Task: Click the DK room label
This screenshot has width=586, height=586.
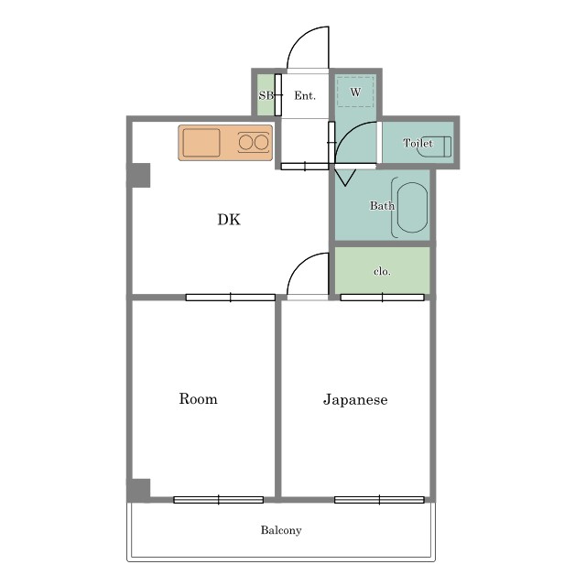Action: click(229, 220)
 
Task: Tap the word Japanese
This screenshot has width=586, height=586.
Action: click(355, 400)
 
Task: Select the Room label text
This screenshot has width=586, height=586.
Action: click(198, 399)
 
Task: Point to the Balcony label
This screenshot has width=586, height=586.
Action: click(281, 530)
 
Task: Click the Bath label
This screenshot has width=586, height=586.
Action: click(382, 205)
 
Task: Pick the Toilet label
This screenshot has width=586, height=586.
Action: click(418, 143)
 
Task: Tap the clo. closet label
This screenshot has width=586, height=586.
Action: click(382, 271)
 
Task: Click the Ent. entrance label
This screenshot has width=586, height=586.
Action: click(305, 95)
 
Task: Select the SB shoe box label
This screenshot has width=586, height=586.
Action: click(266, 95)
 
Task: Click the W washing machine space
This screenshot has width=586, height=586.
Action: click(355, 92)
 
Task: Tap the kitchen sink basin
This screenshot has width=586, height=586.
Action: click(201, 143)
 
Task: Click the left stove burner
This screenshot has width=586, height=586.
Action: click(246, 143)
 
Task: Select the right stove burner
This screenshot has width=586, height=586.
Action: click(261, 143)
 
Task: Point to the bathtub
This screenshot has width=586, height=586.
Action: click(412, 208)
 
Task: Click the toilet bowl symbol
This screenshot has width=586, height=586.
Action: click(433, 146)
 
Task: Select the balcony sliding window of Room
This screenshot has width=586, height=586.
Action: click(219, 500)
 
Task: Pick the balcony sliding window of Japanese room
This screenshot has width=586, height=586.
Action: click(379, 500)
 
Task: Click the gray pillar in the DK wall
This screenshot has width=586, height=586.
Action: click(140, 175)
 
